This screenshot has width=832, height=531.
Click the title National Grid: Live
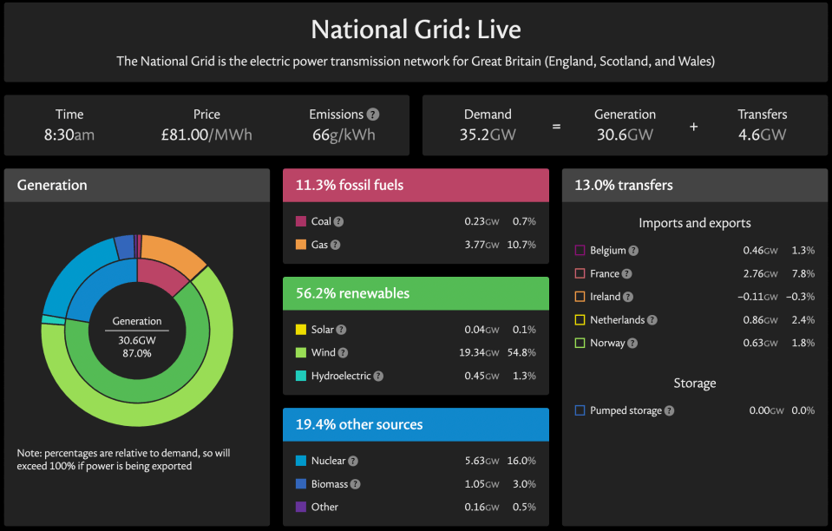coord(416,29)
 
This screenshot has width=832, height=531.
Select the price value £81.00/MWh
coord(206,134)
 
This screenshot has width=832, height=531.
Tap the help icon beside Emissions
coord(373,114)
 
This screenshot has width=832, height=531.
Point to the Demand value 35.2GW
coord(488,134)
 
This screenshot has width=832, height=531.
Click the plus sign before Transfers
coord(693,127)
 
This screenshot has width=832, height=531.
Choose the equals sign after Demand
coord(556,127)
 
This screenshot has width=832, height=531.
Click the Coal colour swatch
coord(301,221)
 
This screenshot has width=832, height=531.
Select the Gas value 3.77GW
coord(482,245)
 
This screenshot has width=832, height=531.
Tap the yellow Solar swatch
coord(301,330)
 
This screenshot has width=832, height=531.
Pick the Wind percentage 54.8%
coord(521,353)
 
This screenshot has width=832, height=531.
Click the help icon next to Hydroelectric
coord(378,376)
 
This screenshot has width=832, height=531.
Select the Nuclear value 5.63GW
coord(482,461)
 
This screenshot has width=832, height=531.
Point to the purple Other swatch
coord(301,507)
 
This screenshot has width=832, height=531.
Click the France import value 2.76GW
coord(760,273)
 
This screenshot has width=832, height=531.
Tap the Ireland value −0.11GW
coord(757,297)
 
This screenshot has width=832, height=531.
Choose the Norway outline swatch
coord(580,343)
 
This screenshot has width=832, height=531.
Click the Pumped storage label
coord(626,410)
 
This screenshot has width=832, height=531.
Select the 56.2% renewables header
coord(352,293)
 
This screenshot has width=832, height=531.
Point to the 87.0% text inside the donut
coord(137,353)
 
